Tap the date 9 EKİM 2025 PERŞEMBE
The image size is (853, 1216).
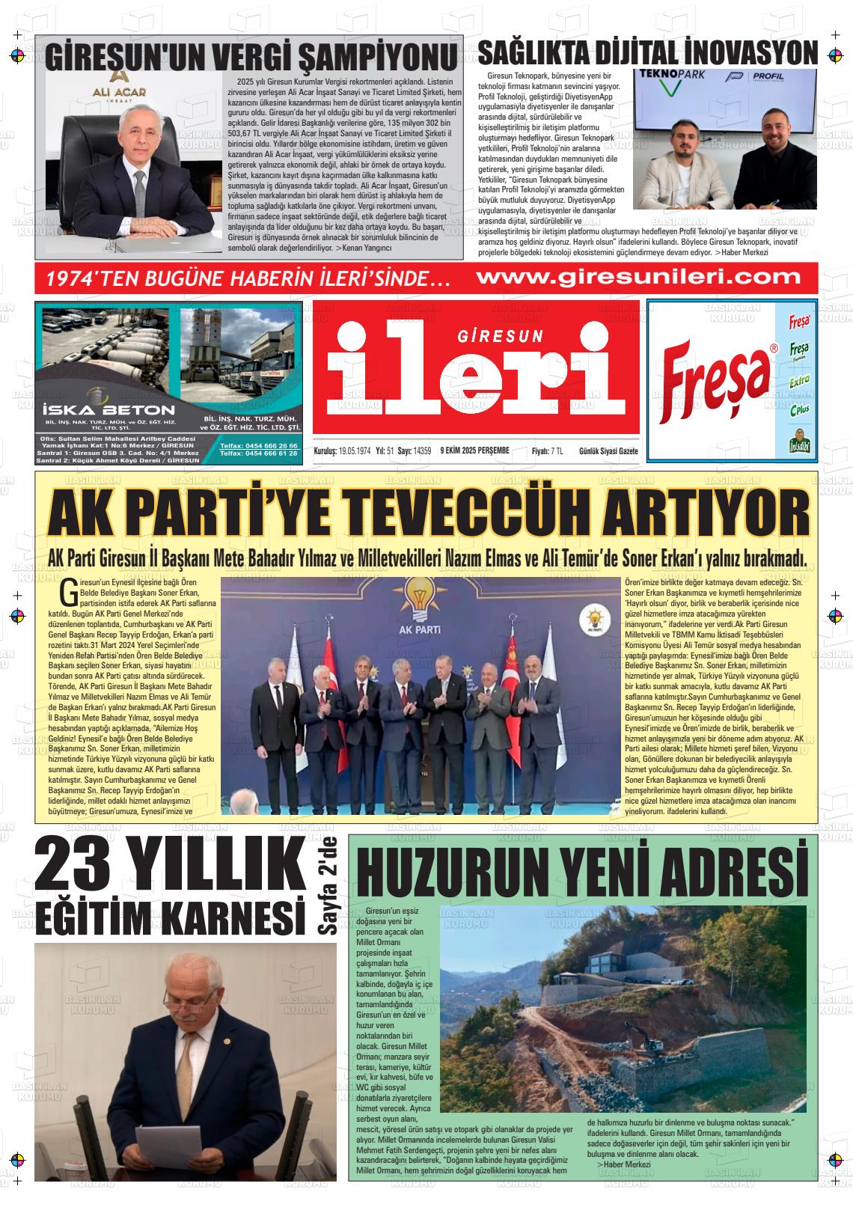[x=475, y=450]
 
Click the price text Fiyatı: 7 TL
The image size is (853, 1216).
[x=547, y=450]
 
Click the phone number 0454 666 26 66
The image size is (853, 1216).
[x=259, y=446]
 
